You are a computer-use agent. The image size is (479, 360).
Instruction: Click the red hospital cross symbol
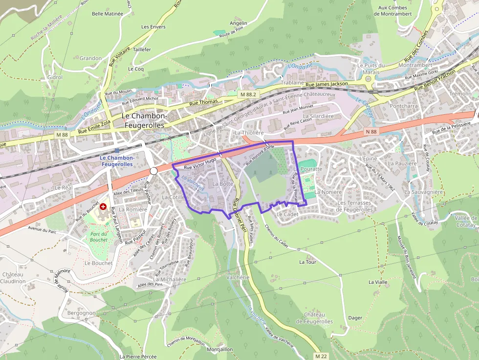click(x=103, y=207)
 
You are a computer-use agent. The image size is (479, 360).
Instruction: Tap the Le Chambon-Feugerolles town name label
click(x=144, y=121)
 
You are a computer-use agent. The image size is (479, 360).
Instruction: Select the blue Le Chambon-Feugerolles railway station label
click(x=116, y=161)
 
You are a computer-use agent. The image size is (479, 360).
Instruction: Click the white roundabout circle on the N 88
click(x=153, y=170)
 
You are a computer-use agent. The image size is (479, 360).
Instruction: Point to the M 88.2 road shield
click(x=248, y=93)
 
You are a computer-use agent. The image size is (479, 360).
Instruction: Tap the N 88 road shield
click(x=370, y=131)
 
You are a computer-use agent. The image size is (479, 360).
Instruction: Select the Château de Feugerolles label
click(x=318, y=318)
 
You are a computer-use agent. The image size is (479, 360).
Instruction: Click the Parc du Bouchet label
click(x=99, y=237)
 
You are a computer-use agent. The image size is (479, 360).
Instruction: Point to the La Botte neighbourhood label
click(x=223, y=184)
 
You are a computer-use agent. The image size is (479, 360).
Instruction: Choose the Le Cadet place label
click(x=287, y=214)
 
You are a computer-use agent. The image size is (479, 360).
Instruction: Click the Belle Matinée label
click(x=108, y=14)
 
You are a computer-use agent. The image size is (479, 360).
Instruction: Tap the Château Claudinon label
click(x=13, y=278)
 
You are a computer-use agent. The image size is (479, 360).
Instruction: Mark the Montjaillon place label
click(x=220, y=350)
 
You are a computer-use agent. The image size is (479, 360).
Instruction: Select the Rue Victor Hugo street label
click(x=200, y=164)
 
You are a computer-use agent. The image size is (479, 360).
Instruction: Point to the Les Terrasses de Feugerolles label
click(x=354, y=206)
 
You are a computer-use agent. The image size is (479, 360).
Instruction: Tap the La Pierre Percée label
click(x=138, y=357)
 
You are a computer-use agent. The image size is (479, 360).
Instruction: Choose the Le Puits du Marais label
click(x=371, y=68)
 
